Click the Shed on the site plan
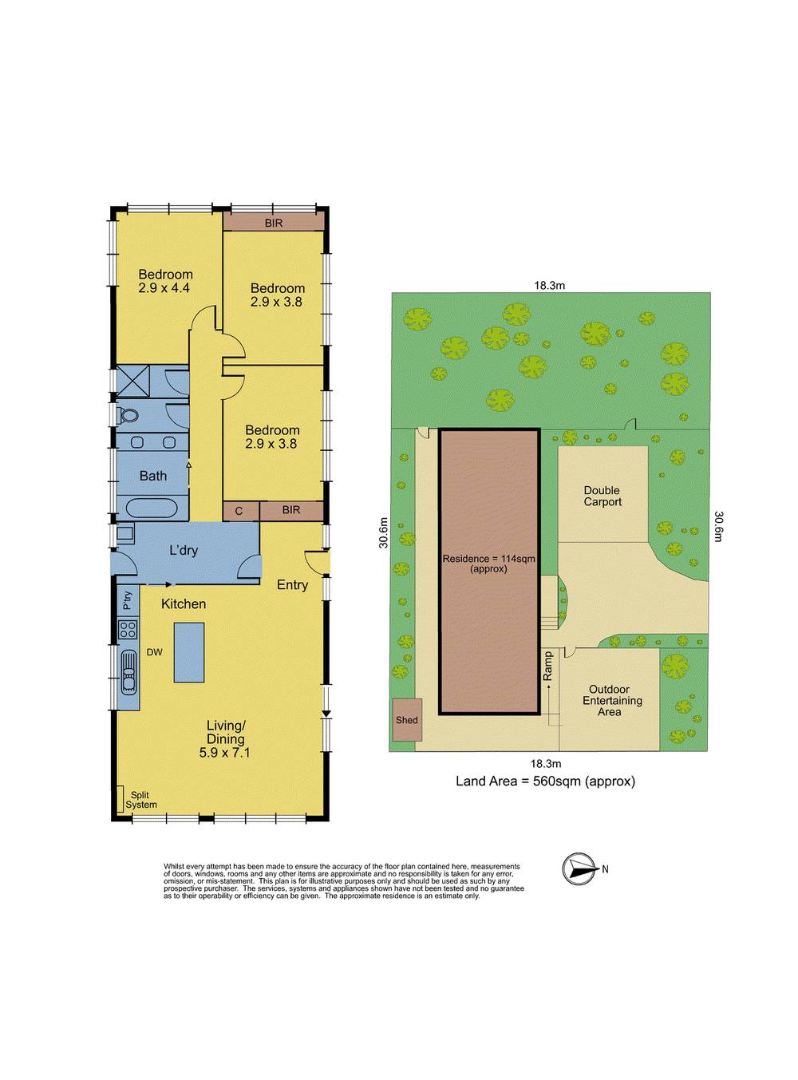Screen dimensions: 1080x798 [406, 720]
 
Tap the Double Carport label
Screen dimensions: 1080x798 [602, 496]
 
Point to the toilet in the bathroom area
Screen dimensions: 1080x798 [128, 416]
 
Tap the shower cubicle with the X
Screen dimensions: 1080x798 [132, 380]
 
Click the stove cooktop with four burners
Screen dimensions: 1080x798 [128, 629]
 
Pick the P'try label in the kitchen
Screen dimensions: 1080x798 [127, 600]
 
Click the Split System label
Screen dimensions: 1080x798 [140, 800]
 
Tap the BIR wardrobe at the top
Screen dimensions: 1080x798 [274, 223]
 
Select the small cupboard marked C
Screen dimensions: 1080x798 [239, 510]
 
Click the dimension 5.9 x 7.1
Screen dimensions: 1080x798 [225, 752]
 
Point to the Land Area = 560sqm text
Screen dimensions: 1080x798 [545, 781]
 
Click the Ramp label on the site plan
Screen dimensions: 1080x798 [548, 667]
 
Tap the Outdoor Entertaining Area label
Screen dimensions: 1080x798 [610, 700]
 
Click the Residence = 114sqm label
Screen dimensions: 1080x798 [488, 564]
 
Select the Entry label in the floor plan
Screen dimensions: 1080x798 [292, 585]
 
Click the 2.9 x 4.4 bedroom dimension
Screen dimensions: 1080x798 [164, 288]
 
